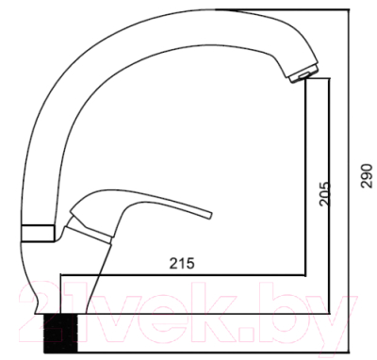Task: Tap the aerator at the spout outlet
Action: tap(296, 75)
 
